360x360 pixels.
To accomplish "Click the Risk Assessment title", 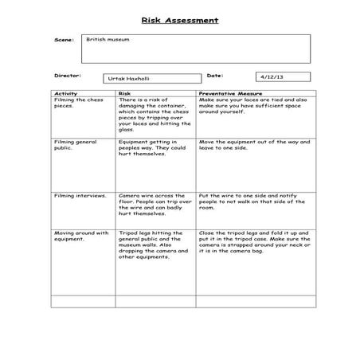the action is coord(179,19).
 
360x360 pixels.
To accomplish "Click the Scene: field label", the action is coord(63,39).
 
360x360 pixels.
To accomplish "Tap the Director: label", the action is coord(68,76).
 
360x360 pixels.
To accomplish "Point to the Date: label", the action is coord(214,76).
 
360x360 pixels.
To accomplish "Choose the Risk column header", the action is coord(124,93).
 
